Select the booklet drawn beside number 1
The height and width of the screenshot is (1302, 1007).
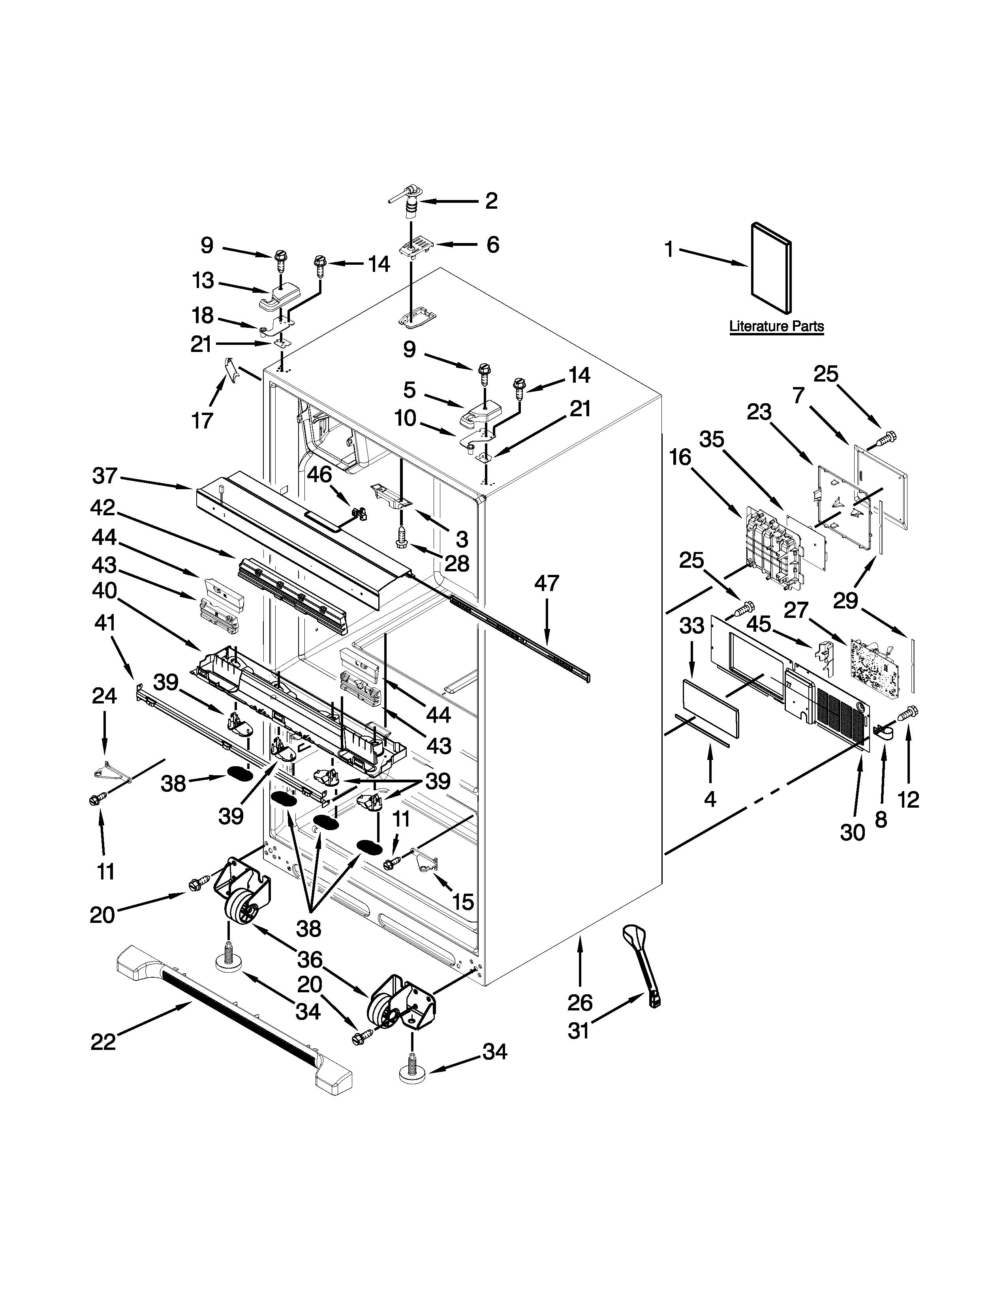771,268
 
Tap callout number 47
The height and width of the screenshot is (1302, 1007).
547,583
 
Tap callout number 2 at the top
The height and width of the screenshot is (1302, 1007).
491,201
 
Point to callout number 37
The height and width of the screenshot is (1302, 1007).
105,476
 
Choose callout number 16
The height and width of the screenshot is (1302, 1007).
680,458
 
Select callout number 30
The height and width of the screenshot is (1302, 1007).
853,832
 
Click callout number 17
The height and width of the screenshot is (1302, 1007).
202,421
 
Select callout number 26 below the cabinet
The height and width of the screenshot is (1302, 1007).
579,1003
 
